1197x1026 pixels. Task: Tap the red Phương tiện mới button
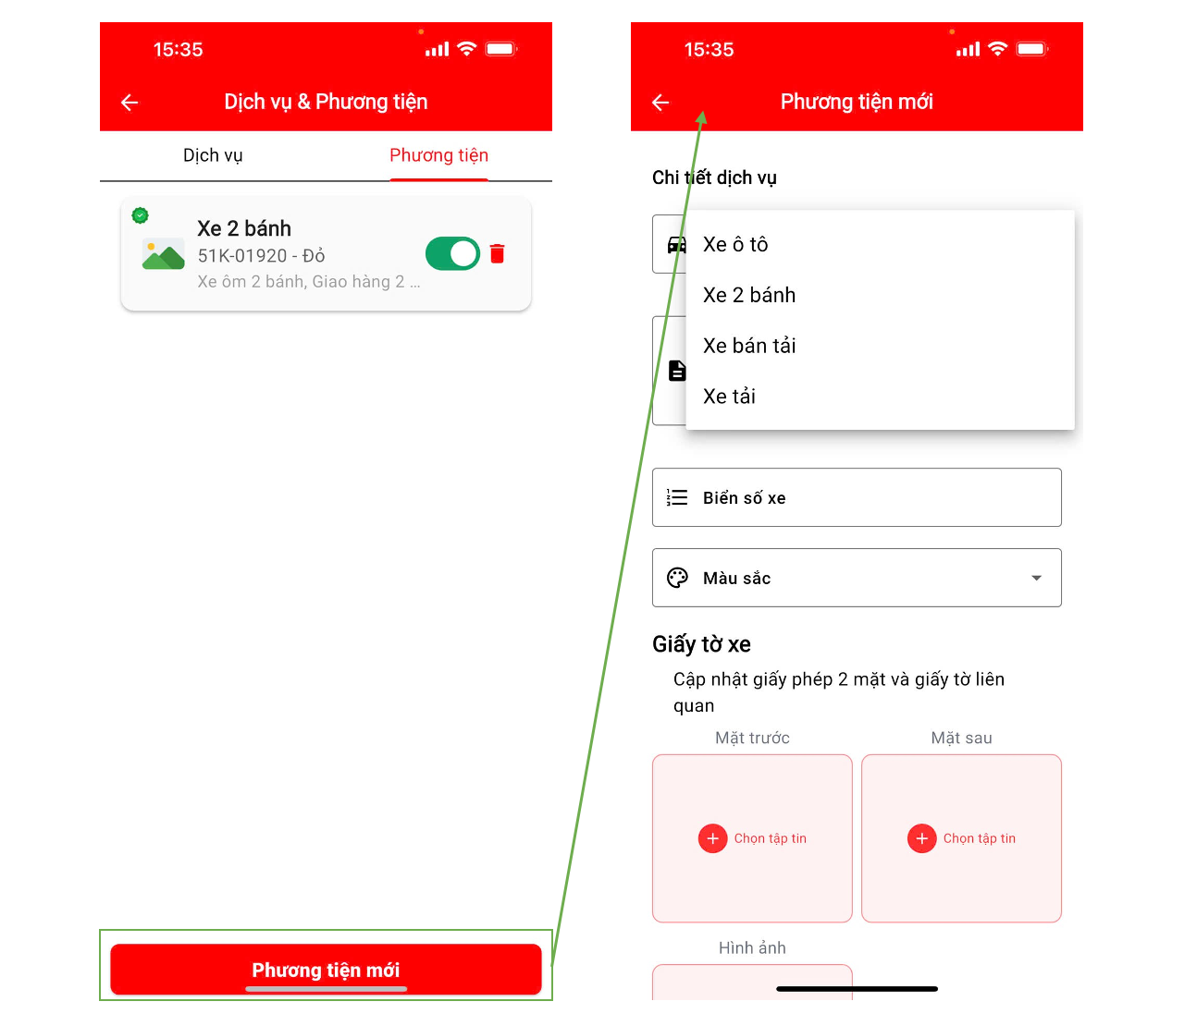tap(326, 969)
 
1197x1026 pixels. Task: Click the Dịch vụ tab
tap(213, 155)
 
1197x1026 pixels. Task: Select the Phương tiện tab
tap(438, 155)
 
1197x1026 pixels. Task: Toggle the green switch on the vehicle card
tap(452, 253)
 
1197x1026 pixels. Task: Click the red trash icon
tap(497, 253)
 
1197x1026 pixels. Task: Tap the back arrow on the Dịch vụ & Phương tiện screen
tap(130, 103)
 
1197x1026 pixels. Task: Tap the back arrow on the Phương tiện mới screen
tap(660, 103)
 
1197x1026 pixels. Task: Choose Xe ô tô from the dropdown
tap(734, 244)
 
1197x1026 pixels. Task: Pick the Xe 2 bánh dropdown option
tap(748, 295)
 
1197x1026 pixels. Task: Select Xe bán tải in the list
tap(748, 346)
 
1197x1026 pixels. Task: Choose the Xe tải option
tap(729, 397)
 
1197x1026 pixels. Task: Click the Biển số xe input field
tap(857, 497)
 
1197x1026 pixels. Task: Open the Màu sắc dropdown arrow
tap(1036, 578)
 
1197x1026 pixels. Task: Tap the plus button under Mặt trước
tap(712, 838)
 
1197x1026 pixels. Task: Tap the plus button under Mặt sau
tap(921, 838)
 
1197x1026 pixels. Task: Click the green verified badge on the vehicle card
tap(140, 215)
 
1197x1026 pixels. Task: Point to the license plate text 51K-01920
tap(242, 255)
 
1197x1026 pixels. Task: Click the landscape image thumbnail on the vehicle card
tap(163, 253)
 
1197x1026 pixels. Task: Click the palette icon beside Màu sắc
tap(676, 578)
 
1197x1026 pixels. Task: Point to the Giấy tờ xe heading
tap(700, 644)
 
